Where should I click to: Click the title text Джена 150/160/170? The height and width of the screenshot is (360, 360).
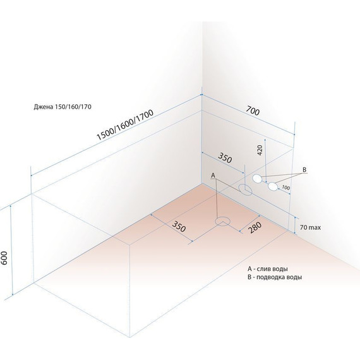63,107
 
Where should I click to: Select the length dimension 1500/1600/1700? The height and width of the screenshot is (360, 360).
125,125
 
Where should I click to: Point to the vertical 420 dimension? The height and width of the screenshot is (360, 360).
260,150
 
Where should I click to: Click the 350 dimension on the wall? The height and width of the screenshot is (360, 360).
225,158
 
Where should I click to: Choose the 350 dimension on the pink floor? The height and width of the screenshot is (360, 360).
179,226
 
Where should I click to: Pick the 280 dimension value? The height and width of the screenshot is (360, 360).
255,227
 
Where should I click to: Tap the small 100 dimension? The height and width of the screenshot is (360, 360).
285,188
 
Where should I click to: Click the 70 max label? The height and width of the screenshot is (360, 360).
310,227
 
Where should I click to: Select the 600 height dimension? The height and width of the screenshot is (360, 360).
4,258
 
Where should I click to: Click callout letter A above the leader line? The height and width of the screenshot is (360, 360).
213,176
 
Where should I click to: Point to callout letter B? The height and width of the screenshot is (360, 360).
304,170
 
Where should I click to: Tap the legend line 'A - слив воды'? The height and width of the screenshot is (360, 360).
268,268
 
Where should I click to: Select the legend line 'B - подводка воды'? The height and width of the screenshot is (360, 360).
275,277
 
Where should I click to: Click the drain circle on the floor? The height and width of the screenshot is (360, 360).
222,222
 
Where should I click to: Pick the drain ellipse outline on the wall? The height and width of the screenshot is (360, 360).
245,190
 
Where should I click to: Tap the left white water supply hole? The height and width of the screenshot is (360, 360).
257,178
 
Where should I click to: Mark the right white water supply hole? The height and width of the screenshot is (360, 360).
273,186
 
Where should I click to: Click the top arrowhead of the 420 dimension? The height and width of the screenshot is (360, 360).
265,140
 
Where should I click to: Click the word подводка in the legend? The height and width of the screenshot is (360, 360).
270,277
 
